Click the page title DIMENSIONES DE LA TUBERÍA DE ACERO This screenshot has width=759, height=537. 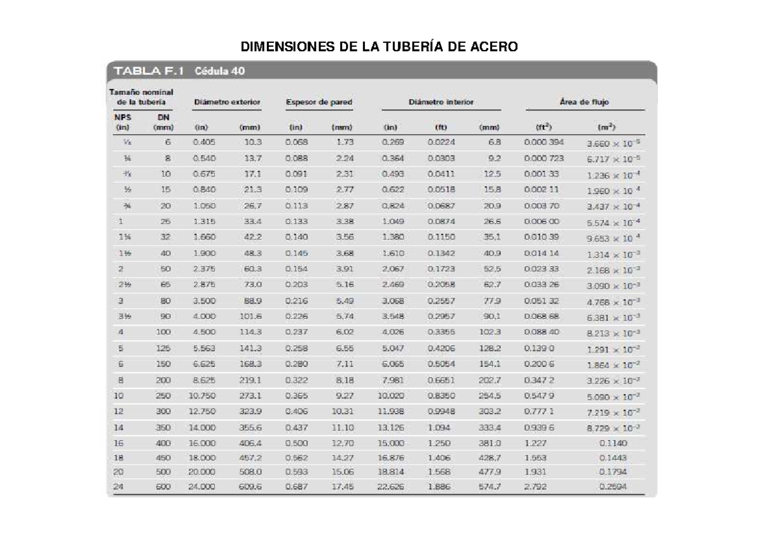[379, 47]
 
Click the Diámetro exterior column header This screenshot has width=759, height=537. [227, 102]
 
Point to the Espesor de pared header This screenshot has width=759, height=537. [319, 102]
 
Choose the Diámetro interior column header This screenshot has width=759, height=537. [441, 102]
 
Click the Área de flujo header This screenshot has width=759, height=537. [584, 102]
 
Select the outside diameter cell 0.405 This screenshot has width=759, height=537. [204, 142]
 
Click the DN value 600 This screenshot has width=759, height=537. [163, 487]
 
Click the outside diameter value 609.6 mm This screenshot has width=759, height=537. [250, 487]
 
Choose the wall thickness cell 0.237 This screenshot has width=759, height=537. [296, 331]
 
